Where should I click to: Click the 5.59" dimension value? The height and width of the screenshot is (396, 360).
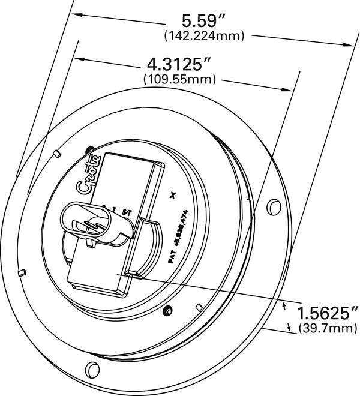coord(204,20)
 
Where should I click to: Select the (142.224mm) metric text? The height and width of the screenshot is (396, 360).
coord(204,36)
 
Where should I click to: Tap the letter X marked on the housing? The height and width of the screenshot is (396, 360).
coord(173,194)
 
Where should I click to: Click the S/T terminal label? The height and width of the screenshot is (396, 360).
coord(126,211)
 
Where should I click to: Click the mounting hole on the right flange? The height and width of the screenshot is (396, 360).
coord(274,206)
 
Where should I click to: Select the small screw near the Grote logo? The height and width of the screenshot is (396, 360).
coord(90,149)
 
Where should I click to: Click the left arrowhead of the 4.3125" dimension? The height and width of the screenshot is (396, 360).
coord(76,59)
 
